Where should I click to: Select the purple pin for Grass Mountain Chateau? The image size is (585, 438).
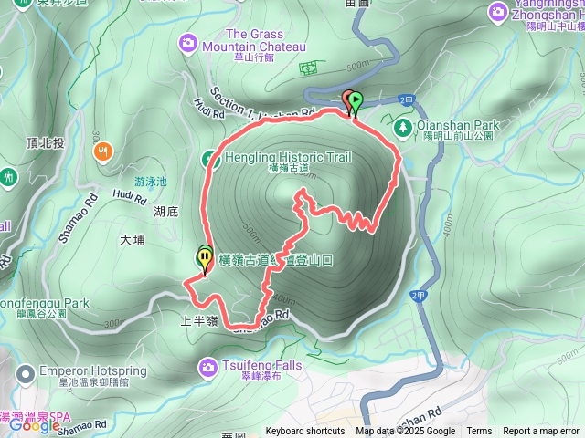[189, 42]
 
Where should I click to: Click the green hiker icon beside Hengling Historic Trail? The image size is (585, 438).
[208, 158]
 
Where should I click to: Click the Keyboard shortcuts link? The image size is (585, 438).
[305, 432]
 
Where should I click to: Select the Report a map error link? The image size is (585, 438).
[540, 432]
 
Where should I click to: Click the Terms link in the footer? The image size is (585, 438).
[479, 432]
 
